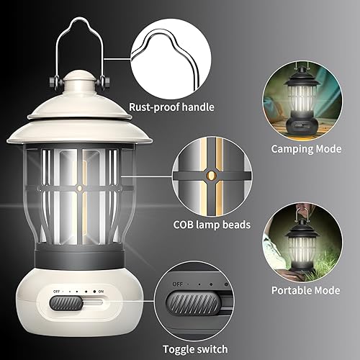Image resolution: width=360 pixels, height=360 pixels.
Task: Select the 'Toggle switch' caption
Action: pos(194,348)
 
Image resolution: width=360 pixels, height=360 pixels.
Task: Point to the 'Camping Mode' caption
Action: pos(307,149)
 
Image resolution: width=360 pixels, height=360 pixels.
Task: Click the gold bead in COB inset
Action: pos(210,175)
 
